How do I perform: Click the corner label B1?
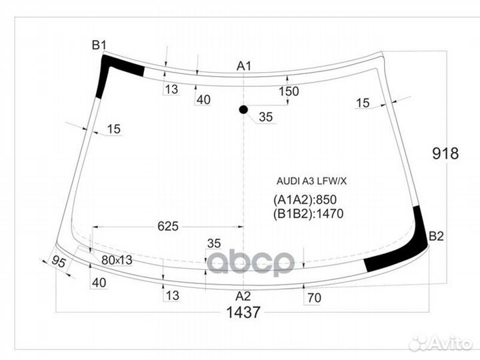tap(99, 45)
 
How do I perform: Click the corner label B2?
tap(435, 236)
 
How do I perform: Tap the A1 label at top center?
tap(244, 65)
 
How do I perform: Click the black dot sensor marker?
tap(243, 109)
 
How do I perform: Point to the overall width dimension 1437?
tap(243, 312)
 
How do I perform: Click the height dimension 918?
tap(445, 154)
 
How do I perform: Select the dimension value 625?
tap(168, 227)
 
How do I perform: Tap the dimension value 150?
tap(288, 92)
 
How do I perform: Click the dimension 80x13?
tap(117, 260)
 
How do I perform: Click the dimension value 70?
tap(314, 298)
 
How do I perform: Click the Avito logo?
tap(441, 343)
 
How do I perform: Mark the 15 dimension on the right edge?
tap(362, 103)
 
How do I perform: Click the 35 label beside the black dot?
tap(265, 117)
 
